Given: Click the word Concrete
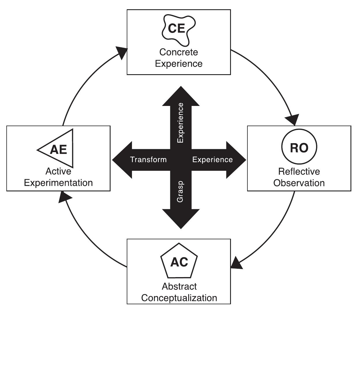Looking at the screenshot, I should click(x=179, y=52).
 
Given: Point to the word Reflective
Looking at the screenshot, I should click(x=299, y=171).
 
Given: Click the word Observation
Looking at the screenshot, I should click(x=299, y=183).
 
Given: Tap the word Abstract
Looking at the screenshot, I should click(x=179, y=286).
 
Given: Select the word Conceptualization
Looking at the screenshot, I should click(x=179, y=298).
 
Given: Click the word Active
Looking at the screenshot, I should click(x=58, y=171).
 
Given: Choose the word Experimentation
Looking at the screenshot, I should click(x=58, y=183).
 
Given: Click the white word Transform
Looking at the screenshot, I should click(x=148, y=160).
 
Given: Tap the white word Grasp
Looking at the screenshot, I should click(x=180, y=192).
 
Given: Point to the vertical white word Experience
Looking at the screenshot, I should click(x=180, y=123).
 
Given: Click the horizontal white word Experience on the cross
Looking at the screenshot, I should click(x=212, y=160).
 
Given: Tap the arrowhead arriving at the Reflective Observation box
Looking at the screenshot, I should click(x=292, y=120).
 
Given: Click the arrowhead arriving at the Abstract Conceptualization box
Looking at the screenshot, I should click(x=236, y=263).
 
